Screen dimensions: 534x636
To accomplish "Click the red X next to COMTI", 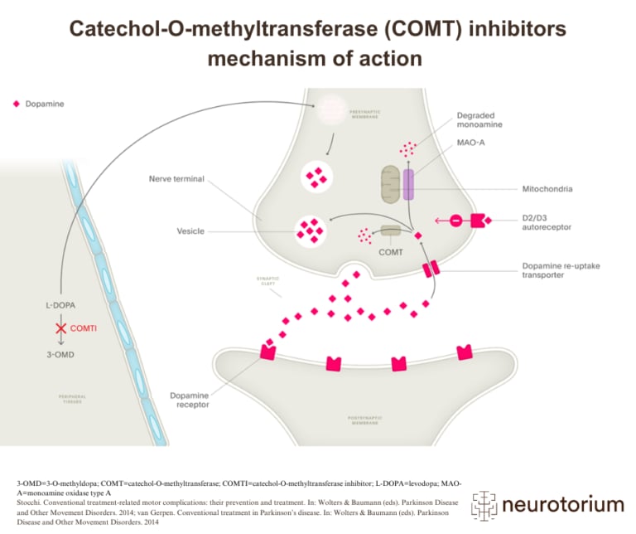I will (60, 328).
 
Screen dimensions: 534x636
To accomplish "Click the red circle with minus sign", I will (455, 221).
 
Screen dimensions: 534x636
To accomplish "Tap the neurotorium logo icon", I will (484, 503).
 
